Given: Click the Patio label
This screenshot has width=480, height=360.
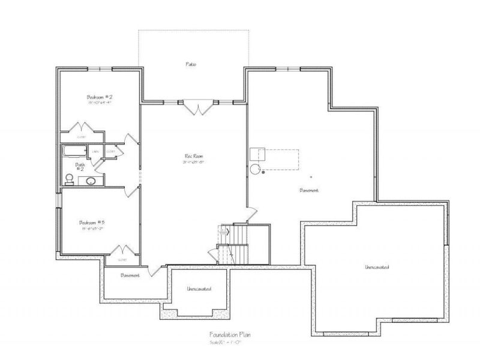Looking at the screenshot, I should (191, 64).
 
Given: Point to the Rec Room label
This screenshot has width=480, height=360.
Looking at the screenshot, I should (192, 158).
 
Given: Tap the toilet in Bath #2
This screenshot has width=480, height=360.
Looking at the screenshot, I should (70, 178).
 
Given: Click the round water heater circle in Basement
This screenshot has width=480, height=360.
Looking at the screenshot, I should (255, 169).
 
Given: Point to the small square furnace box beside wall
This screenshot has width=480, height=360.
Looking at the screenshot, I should (258, 152).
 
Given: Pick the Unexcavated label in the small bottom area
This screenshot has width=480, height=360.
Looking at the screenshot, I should (197, 289).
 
